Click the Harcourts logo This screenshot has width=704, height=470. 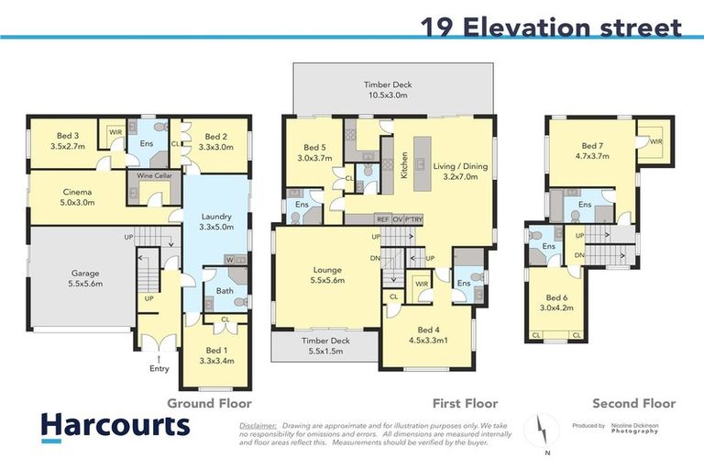[x=115, y=426]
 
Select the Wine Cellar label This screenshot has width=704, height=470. [x=153, y=175]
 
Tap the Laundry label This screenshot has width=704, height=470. [x=217, y=221]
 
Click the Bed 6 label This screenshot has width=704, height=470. [x=557, y=303]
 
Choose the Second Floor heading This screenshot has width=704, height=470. [x=633, y=403]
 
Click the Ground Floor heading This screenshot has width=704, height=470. [x=208, y=403]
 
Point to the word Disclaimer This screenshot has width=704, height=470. [x=257, y=426]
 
